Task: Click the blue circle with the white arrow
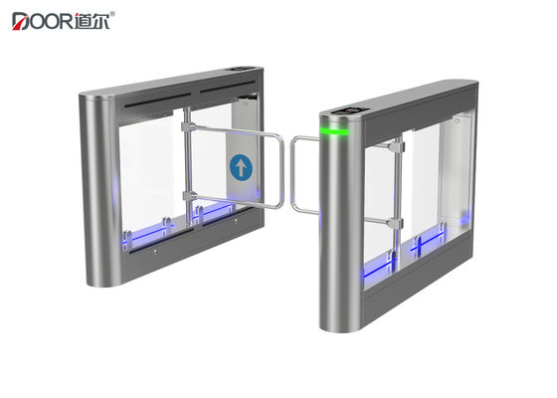pos(242,166)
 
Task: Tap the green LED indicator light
pos(334,129)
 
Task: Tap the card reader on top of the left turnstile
pos(240,69)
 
